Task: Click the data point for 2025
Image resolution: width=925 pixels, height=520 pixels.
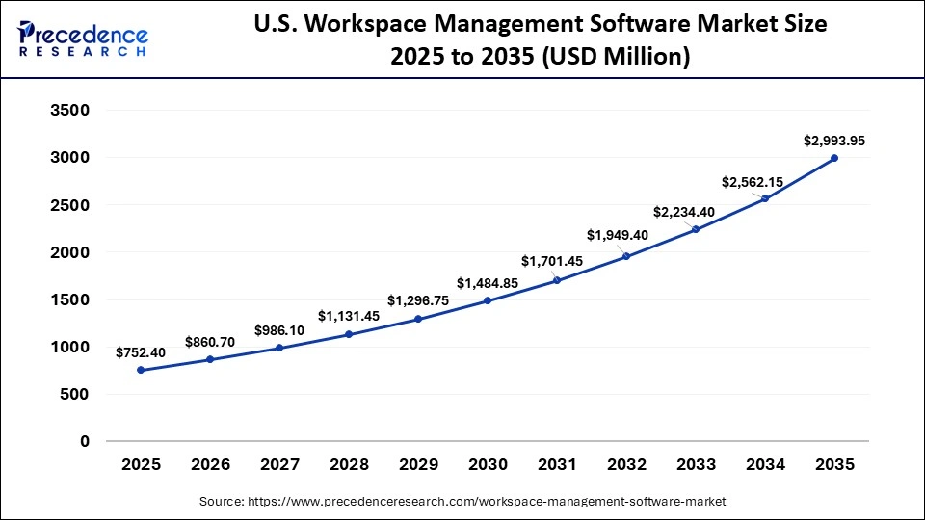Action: point(141,370)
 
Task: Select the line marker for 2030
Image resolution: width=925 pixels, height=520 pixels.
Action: point(488,300)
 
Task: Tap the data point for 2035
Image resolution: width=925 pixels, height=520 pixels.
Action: point(834,158)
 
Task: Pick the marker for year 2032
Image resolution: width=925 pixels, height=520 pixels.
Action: point(626,256)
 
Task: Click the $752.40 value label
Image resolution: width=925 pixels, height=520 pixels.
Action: point(141,352)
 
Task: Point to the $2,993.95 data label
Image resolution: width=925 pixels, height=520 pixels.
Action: point(834,141)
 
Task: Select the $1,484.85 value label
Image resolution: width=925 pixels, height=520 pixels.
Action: point(488,283)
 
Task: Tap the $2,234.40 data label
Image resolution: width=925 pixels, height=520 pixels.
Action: point(696,212)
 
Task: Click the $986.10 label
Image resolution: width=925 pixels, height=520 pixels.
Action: point(279,330)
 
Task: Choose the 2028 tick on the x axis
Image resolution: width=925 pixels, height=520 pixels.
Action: point(349,464)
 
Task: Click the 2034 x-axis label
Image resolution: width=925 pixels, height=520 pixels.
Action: point(765,464)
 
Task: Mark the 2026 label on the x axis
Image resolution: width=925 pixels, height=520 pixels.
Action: point(210,464)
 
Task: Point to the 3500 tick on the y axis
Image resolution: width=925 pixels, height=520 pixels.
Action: point(69,111)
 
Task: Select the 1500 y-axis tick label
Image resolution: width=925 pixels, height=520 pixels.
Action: point(69,299)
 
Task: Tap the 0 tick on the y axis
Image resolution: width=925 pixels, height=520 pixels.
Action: point(85,441)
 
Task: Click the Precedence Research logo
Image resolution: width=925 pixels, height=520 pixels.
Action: point(83,39)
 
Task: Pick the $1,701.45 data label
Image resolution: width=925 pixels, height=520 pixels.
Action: point(557,261)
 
